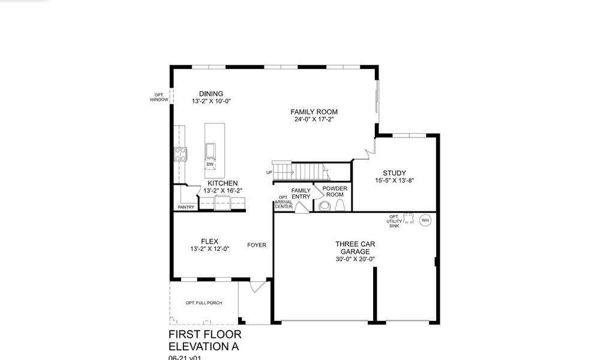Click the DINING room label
coord(211,94)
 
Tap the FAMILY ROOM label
coord(314,112)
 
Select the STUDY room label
coord(395,173)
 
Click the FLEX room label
coord(210,241)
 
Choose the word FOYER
coord(257,245)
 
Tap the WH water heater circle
coord(425,220)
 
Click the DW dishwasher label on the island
coord(210,164)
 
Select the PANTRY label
coord(185,208)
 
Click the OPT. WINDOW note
coord(160,97)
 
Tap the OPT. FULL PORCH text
coord(203,303)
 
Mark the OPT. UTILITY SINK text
coord(393,222)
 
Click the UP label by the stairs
coord(269,173)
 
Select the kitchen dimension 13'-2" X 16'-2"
coord(223,191)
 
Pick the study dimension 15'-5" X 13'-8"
coord(395,180)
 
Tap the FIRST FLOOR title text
coord(205,334)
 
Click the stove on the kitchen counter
coord(180,154)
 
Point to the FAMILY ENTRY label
coord(300,193)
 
